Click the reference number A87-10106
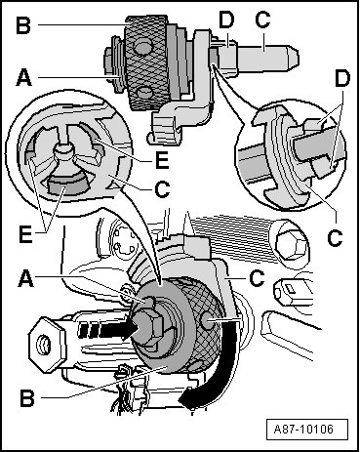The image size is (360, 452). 303,429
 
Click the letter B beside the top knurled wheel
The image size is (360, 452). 23,24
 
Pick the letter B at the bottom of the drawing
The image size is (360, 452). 27,397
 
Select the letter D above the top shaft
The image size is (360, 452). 226,20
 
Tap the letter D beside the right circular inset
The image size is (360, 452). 341,79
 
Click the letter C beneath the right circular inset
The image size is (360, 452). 335,237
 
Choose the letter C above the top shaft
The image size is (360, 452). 262,20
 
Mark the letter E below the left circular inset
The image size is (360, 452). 25,234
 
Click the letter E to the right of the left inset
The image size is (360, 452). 162,160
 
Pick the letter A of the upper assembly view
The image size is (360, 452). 24,77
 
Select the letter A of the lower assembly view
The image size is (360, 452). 26,278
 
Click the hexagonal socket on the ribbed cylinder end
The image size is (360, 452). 290,243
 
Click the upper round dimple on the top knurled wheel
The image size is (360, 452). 142,47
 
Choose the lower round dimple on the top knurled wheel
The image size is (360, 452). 144,94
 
